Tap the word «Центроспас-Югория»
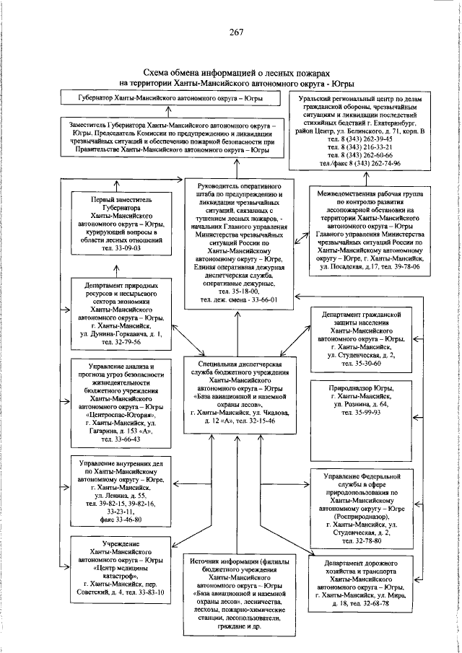coord(119,415)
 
